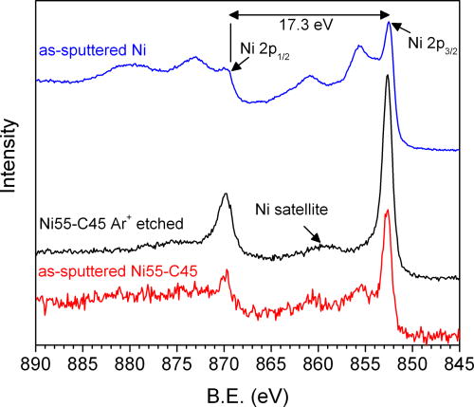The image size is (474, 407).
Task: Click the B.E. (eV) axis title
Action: pos(246,391)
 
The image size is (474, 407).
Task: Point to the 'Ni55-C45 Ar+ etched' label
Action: pos(111,225)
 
